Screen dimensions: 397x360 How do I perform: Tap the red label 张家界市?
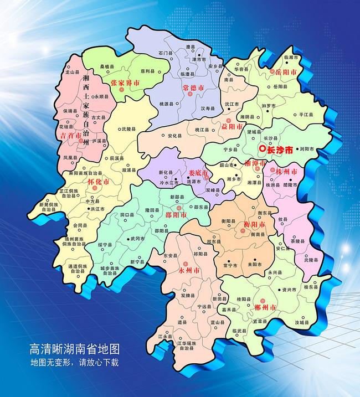coord(125,83)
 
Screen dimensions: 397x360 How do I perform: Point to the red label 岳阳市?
coord(286,73)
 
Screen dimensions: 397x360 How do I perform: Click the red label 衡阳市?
coord(255,224)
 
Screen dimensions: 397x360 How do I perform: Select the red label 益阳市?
coord(232,126)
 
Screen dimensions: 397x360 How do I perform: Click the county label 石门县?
coord(163,53)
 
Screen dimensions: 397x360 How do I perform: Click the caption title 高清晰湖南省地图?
coord(75,350)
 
